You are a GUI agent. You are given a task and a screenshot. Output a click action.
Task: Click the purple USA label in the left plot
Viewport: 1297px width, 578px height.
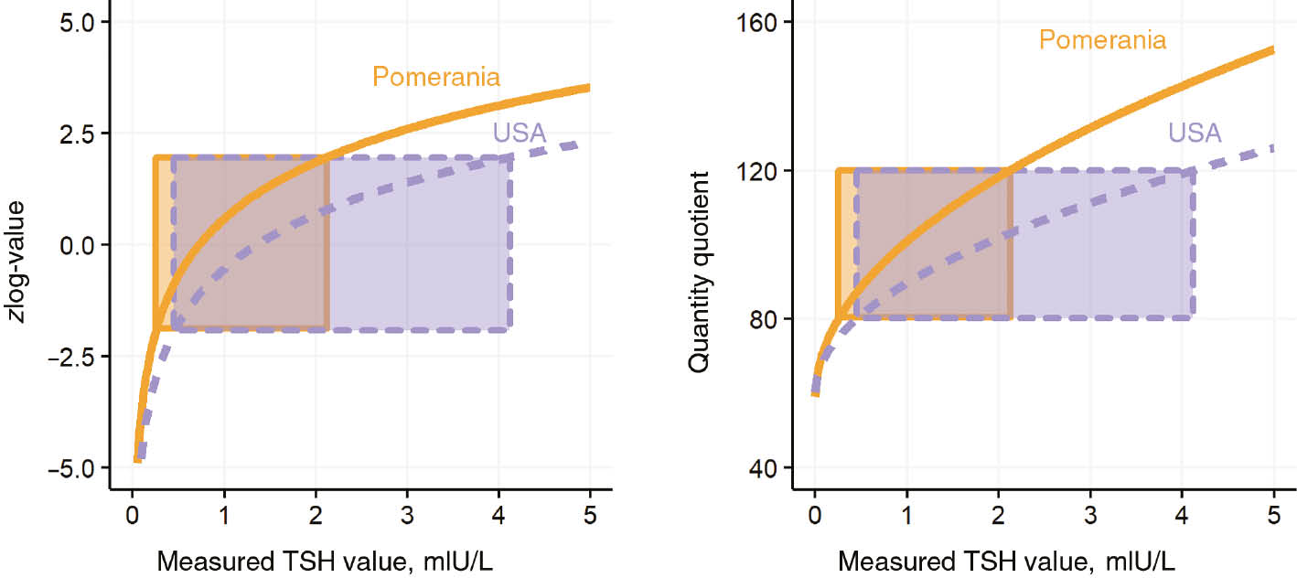click(520, 133)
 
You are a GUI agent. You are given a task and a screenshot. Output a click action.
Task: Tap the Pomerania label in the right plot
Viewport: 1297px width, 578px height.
click(1102, 40)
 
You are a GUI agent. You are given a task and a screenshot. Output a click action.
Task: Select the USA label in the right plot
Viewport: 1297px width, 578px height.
click(1195, 133)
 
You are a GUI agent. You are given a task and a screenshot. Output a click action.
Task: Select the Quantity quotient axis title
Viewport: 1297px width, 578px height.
click(699, 274)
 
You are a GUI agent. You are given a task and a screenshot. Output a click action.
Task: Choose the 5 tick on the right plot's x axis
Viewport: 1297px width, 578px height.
click(1274, 515)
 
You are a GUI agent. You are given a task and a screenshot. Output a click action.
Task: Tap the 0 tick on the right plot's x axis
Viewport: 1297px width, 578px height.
click(814, 515)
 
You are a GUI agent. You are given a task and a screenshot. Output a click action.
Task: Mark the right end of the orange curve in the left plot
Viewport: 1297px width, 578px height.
click(589, 88)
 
